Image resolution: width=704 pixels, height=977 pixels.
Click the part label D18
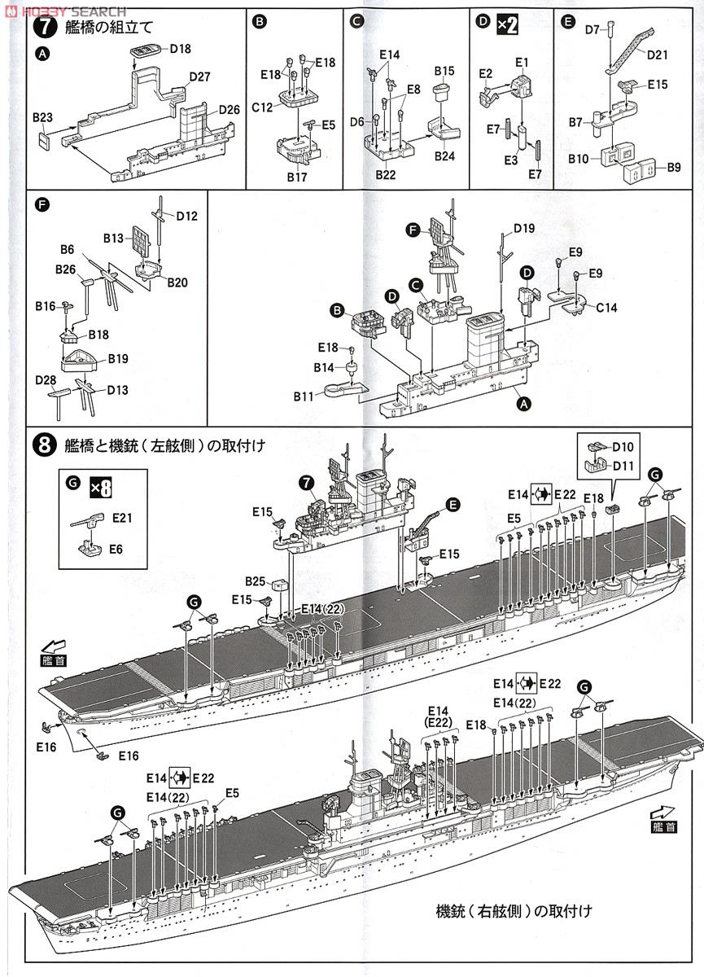click(181, 49)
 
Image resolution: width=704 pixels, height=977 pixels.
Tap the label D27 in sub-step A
click(199, 77)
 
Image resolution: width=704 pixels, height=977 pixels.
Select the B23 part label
click(42, 117)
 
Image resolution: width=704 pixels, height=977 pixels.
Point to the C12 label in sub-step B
click(261, 106)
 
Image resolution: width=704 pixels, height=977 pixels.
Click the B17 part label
click(295, 176)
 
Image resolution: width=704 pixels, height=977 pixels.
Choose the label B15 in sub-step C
click(444, 71)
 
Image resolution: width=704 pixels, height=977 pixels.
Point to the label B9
click(673, 167)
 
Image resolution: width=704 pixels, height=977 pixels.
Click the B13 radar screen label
click(114, 238)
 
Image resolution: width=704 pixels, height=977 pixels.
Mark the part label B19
click(118, 358)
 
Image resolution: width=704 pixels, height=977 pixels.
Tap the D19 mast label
click(524, 230)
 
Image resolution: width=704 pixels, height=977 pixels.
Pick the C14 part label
click(606, 308)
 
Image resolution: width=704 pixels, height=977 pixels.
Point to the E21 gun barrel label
click(123, 516)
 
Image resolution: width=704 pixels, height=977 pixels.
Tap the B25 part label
click(256, 581)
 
